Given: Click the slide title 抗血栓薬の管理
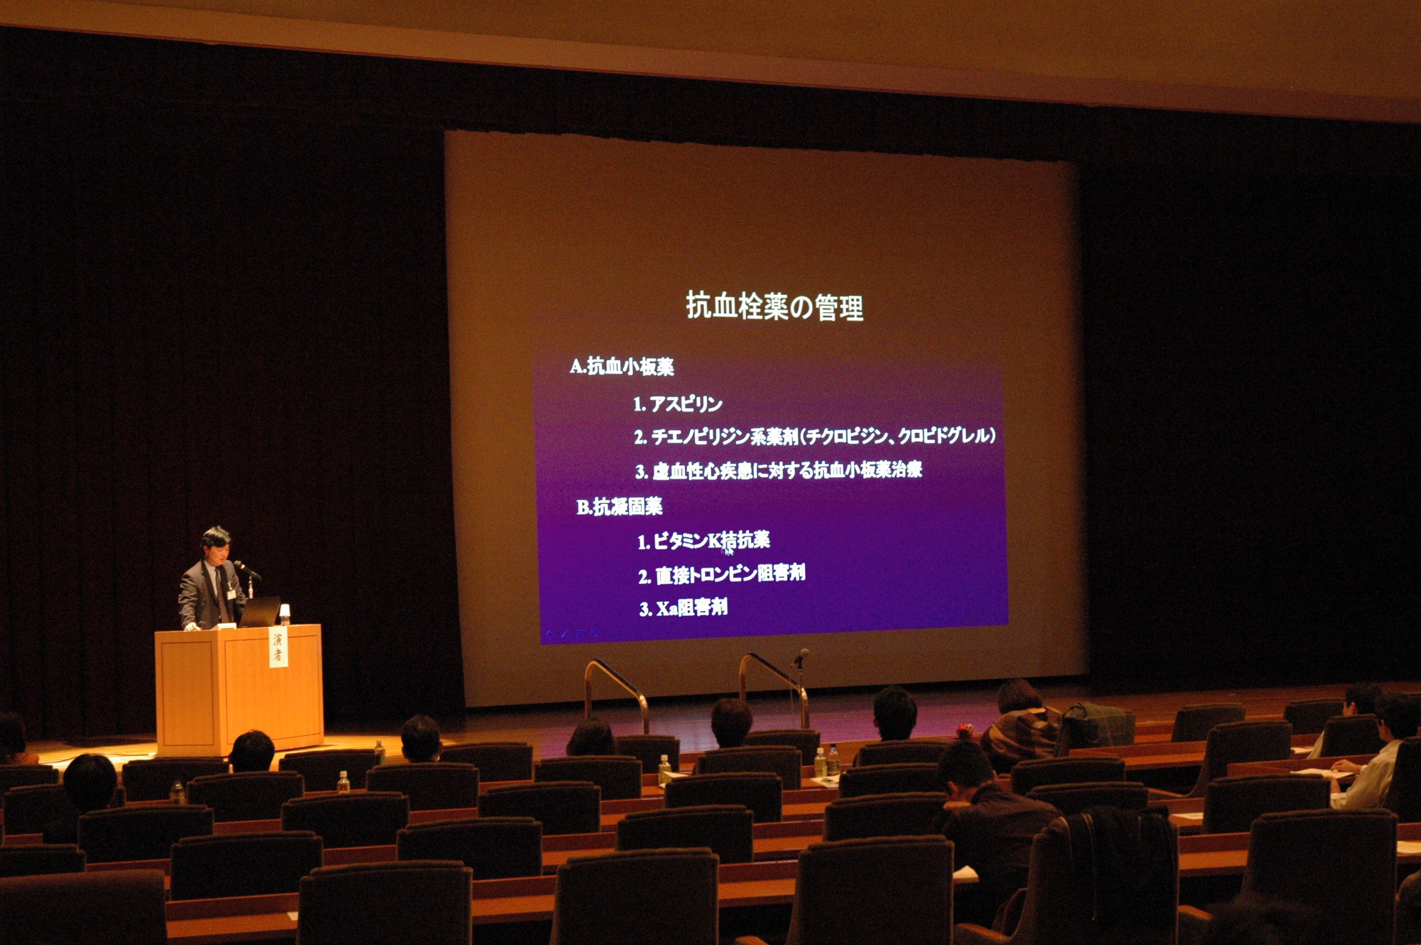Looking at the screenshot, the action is (x=775, y=306).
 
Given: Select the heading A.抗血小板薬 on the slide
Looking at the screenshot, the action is (x=622, y=367).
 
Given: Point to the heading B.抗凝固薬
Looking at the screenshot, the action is (x=619, y=507).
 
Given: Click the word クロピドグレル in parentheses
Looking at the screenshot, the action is (x=943, y=436).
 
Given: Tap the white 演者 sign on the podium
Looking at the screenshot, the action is (x=278, y=648).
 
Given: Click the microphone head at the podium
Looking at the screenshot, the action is (x=239, y=565).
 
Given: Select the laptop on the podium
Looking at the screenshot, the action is (x=260, y=612).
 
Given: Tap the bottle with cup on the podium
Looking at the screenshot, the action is (x=285, y=614).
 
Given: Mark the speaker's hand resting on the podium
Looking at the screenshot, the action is (x=191, y=627).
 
